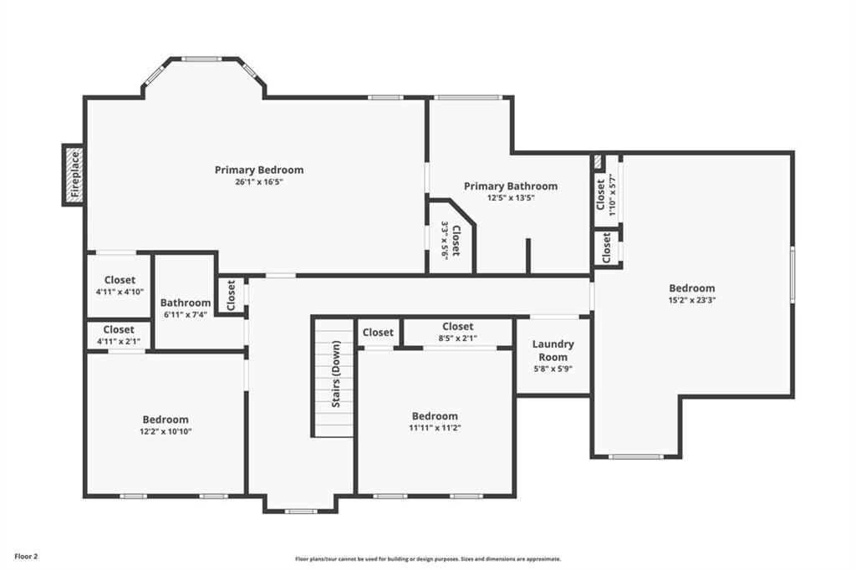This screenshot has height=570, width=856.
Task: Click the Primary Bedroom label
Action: tap(259, 170)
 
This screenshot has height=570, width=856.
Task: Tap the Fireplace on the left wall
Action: tap(74, 175)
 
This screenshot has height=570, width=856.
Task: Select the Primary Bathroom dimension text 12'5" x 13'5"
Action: tap(511, 198)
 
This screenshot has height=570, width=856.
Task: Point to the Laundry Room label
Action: tap(553, 350)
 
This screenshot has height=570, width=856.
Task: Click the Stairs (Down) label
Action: tap(336, 374)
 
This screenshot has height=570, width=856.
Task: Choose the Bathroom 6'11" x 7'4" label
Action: tap(185, 308)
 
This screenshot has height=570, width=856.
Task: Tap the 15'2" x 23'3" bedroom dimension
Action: tap(691, 300)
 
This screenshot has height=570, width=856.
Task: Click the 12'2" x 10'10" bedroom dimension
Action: tap(166, 431)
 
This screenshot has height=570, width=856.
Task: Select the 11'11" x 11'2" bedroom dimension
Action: tap(435, 428)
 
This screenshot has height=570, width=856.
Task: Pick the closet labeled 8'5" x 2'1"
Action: tap(457, 332)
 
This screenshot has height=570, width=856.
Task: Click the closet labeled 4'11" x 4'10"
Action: tap(120, 286)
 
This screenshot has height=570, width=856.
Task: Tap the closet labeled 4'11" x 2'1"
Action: tap(119, 335)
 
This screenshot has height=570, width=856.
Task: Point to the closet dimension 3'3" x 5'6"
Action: tap(445, 241)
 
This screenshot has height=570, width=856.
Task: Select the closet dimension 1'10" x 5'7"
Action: tap(613, 195)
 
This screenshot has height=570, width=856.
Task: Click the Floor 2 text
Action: tap(26, 557)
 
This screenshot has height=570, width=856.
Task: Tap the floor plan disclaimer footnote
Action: tap(428, 559)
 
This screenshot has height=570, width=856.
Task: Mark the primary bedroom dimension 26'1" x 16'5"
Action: tap(259, 182)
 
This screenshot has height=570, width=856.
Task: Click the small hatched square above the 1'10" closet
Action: tap(598, 162)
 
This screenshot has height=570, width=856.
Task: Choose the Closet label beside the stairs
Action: tap(378, 332)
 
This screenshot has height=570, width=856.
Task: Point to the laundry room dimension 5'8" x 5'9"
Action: tap(553, 369)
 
